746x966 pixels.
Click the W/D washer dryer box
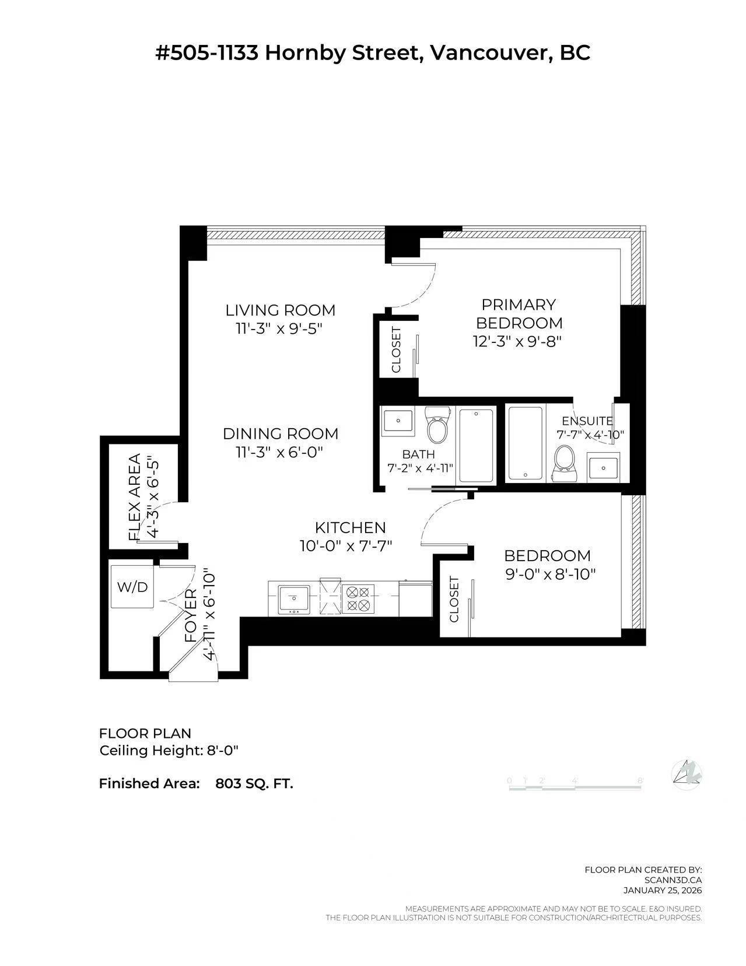(x=132, y=587)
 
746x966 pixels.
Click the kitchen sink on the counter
(x=293, y=598)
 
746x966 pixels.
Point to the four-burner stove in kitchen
(x=357, y=598)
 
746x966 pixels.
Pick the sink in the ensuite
(x=603, y=467)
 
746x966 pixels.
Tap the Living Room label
(x=281, y=310)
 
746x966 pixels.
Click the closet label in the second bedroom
(x=454, y=599)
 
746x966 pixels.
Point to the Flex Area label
(x=135, y=496)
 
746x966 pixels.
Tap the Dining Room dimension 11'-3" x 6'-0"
(x=279, y=452)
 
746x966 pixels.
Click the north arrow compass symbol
(x=687, y=773)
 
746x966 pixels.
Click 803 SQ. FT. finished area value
(x=254, y=783)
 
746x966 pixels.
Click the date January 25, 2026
(x=663, y=890)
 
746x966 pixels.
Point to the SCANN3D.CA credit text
(x=673, y=880)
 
